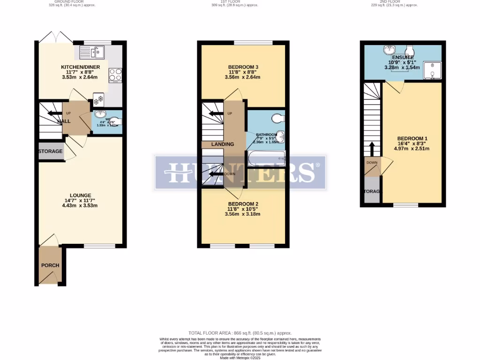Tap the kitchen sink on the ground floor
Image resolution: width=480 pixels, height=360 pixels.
[x=94, y=52]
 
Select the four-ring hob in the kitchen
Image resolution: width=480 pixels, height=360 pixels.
[x=115, y=75]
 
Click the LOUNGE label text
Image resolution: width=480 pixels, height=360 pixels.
[x=80, y=195]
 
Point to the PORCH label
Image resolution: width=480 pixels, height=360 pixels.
[x=50, y=265]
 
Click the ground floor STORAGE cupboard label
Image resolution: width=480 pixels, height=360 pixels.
[x=51, y=151]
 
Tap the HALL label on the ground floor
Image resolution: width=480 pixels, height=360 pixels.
[x=64, y=121]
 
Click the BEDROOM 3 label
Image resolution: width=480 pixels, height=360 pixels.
[x=243, y=67]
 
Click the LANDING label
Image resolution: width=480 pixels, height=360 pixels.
[x=222, y=144]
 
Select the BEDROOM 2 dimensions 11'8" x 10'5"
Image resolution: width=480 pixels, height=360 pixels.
[x=243, y=209]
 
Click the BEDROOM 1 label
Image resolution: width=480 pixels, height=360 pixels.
[x=412, y=138]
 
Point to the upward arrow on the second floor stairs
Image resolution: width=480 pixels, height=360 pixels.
[x=372, y=149]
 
